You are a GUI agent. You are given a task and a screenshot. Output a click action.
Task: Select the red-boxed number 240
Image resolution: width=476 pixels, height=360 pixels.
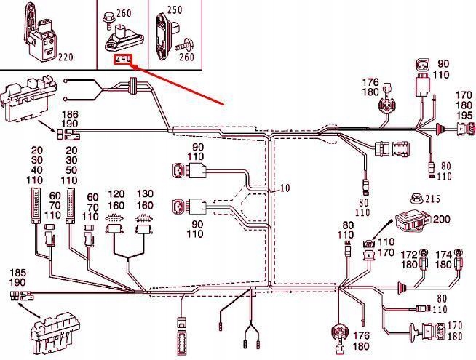pos(123,58)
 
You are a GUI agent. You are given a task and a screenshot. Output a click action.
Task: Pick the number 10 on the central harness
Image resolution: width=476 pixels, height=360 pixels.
pos(284,188)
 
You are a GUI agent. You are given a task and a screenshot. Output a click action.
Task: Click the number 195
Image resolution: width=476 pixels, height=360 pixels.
pos(464,116)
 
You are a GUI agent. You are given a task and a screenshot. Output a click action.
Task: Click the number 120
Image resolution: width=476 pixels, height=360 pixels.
pos(116,195)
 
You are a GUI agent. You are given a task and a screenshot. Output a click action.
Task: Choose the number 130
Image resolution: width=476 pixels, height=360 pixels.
pos(146,195)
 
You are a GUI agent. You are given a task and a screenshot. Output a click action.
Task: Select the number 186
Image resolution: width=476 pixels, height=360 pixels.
pos(70,115)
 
